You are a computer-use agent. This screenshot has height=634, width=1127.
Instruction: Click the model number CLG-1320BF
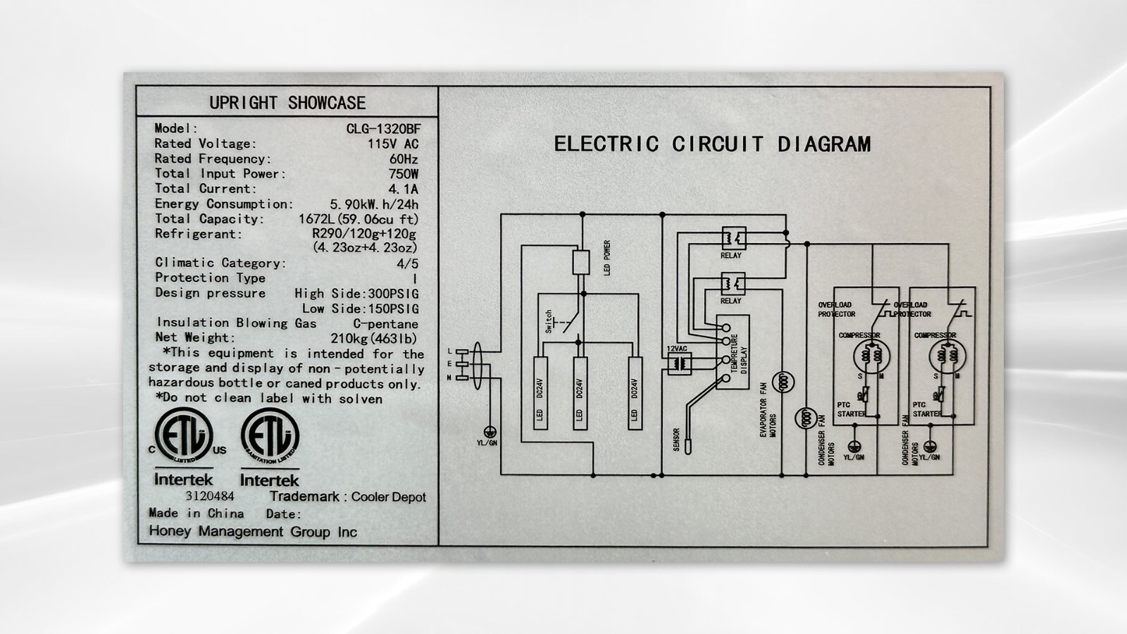[383, 129]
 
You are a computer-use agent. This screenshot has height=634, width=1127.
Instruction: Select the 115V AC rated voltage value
[392, 144]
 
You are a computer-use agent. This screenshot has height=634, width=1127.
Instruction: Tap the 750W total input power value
[403, 174]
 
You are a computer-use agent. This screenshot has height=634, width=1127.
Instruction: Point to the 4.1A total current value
[403, 189]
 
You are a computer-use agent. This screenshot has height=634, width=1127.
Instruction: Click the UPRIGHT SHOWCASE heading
[287, 103]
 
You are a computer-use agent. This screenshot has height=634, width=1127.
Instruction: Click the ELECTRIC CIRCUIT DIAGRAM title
[712, 144]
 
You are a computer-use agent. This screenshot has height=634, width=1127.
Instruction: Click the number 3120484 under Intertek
[209, 496]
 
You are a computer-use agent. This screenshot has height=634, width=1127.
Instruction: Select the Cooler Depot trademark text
[388, 497]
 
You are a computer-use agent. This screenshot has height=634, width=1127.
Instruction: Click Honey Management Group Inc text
[253, 532]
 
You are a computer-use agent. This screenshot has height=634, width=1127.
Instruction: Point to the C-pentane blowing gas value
[385, 324]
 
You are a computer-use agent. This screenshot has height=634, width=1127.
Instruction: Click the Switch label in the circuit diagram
[549, 322]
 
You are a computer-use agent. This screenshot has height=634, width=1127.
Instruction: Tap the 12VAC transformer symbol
[680, 363]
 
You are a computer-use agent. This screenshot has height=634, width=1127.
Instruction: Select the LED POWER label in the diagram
[607, 258]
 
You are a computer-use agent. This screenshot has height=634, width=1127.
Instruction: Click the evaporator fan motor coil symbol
[783, 383]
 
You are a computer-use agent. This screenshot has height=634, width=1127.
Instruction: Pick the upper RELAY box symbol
[733, 238]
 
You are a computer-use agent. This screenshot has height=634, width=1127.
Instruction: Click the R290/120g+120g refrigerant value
[364, 234]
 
